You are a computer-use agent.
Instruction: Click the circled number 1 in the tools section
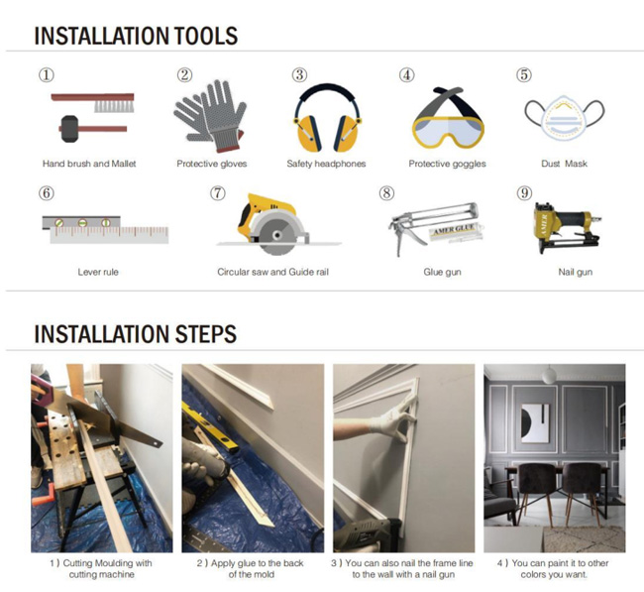(47, 75)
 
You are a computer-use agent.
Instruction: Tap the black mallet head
(69, 129)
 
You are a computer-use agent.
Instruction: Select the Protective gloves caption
(212, 164)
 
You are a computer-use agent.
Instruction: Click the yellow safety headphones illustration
(327, 118)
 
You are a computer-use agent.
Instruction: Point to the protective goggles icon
(448, 118)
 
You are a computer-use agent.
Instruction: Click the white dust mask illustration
(565, 119)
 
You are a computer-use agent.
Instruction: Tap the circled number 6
(47, 193)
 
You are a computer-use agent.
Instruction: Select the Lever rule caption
(98, 272)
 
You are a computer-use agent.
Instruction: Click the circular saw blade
(276, 236)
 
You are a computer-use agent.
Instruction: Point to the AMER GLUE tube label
(456, 229)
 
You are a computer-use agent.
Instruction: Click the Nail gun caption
(575, 272)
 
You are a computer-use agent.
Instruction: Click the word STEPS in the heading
(206, 334)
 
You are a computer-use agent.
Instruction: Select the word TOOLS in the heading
(206, 36)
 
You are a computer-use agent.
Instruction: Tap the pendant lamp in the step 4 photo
(548, 375)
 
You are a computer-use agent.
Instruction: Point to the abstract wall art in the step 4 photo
(535, 422)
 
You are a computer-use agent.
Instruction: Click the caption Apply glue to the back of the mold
(251, 568)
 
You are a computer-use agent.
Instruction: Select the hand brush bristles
(114, 106)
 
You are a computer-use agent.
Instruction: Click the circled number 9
(524, 193)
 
